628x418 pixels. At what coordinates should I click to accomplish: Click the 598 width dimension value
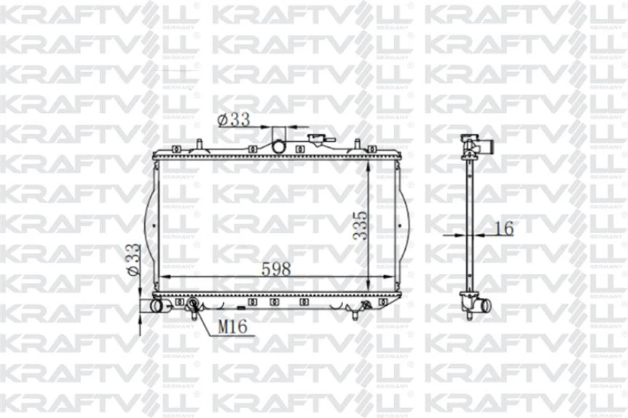click(x=277, y=268)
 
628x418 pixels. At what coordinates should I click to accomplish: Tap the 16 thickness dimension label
click(x=503, y=228)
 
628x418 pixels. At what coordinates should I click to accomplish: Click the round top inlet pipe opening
click(x=279, y=146)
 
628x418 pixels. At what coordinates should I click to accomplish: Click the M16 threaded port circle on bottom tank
click(x=193, y=304)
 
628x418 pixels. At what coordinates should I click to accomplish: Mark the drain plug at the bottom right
click(x=355, y=312)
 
